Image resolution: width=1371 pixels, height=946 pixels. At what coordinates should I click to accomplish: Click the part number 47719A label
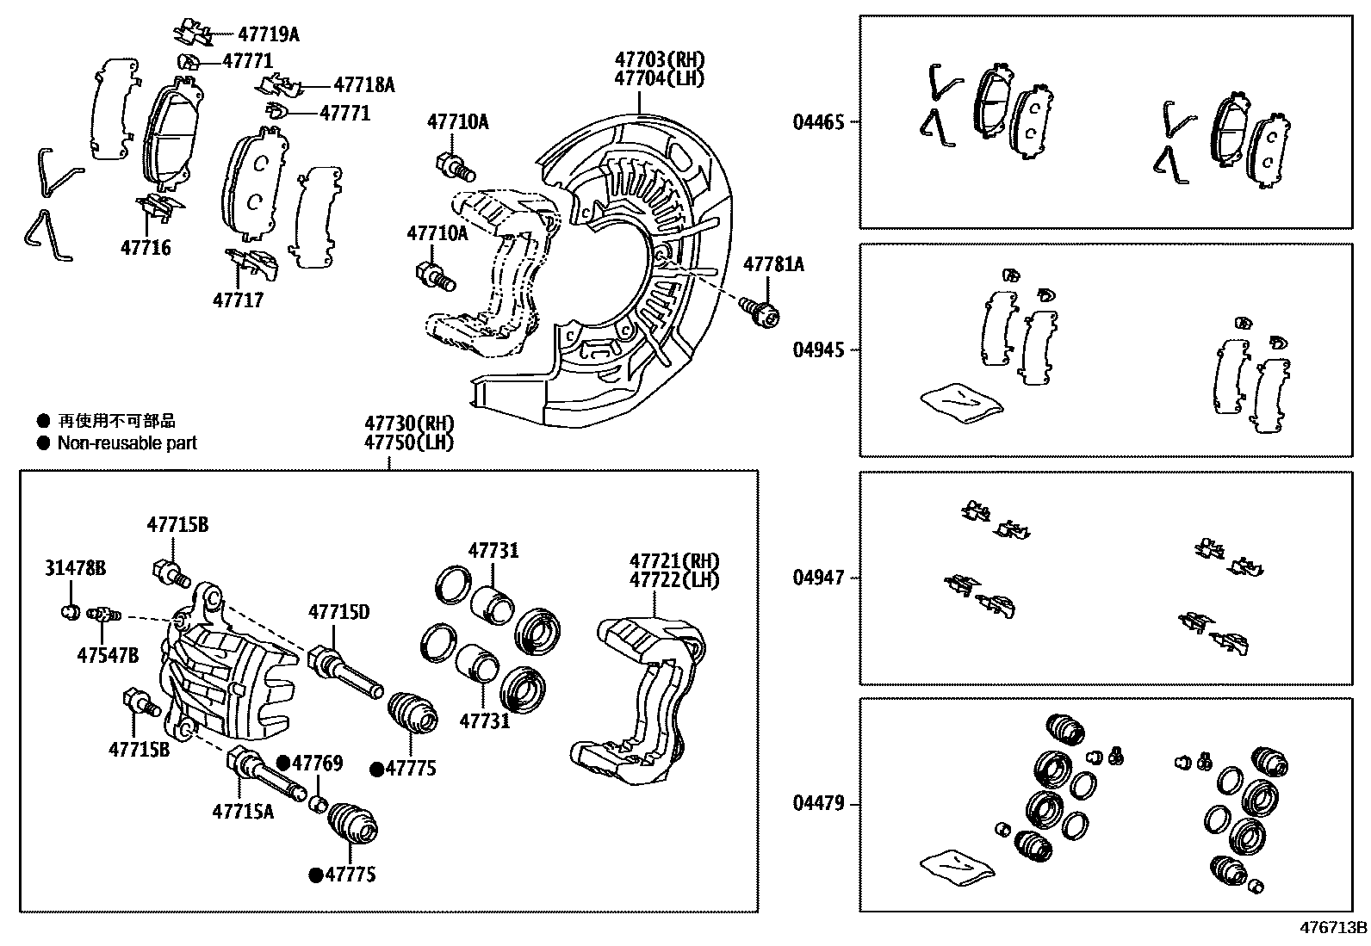(268, 34)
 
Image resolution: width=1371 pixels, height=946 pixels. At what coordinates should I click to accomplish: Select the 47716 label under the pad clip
(146, 248)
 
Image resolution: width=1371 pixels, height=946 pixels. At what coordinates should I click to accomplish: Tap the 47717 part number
(238, 300)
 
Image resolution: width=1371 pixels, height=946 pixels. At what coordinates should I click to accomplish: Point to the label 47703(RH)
(659, 59)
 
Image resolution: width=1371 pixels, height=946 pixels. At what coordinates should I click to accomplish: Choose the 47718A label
(363, 84)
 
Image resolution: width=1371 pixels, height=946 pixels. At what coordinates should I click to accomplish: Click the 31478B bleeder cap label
(76, 568)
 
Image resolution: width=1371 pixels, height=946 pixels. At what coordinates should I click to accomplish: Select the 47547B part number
(108, 655)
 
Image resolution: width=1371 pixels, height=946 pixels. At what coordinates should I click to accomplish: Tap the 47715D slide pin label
(338, 612)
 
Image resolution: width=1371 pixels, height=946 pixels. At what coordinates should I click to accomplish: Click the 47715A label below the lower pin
(243, 811)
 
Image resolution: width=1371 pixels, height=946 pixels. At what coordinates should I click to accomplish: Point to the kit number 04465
(818, 122)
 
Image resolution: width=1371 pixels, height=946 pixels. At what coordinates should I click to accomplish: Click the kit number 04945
(818, 350)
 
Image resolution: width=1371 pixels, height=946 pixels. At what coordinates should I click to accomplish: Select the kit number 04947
(818, 578)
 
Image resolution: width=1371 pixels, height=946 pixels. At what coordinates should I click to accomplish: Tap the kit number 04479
(818, 805)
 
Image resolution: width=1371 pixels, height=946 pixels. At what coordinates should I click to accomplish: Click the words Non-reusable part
(127, 443)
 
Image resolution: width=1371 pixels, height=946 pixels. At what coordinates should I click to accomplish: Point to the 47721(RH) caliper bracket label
(673, 561)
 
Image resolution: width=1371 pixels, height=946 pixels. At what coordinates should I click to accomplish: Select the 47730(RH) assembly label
(408, 424)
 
